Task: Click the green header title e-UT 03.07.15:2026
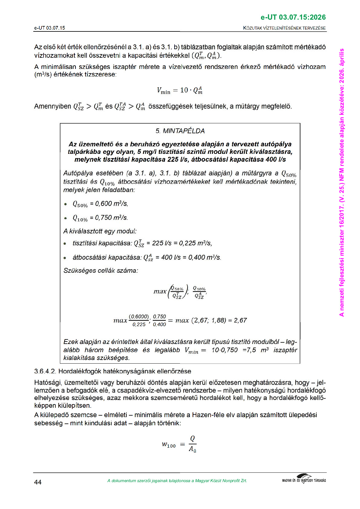click(x=293, y=18)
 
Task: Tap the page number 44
click(x=38, y=482)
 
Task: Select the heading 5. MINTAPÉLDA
click(x=180, y=131)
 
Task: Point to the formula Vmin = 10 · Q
click(x=180, y=90)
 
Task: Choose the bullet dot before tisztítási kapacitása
click(x=65, y=244)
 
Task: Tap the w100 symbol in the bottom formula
click(x=169, y=445)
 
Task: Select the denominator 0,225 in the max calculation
click(x=139, y=325)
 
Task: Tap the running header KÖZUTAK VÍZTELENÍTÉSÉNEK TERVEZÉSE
click(x=284, y=28)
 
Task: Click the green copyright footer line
click(x=177, y=481)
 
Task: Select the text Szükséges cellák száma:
click(x=101, y=271)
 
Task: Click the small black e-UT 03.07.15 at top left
click(x=50, y=28)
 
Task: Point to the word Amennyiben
click(x=53, y=106)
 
